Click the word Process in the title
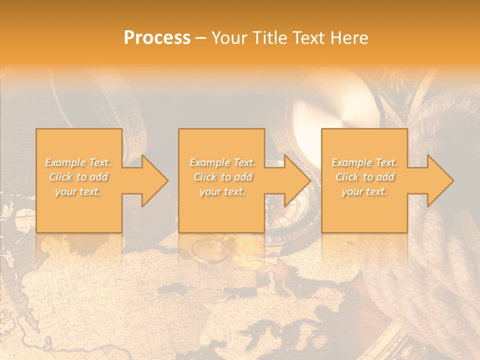tap(157, 38)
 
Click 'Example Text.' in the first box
tap(78, 162)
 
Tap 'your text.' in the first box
tap(78, 191)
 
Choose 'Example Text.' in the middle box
tap(222, 162)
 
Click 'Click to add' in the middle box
tap(222, 177)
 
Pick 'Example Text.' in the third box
tap(364, 162)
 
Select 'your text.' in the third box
tap(364, 191)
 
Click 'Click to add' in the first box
tap(78, 177)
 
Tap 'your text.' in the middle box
tap(222, 191)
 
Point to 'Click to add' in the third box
tap(364, 177)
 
